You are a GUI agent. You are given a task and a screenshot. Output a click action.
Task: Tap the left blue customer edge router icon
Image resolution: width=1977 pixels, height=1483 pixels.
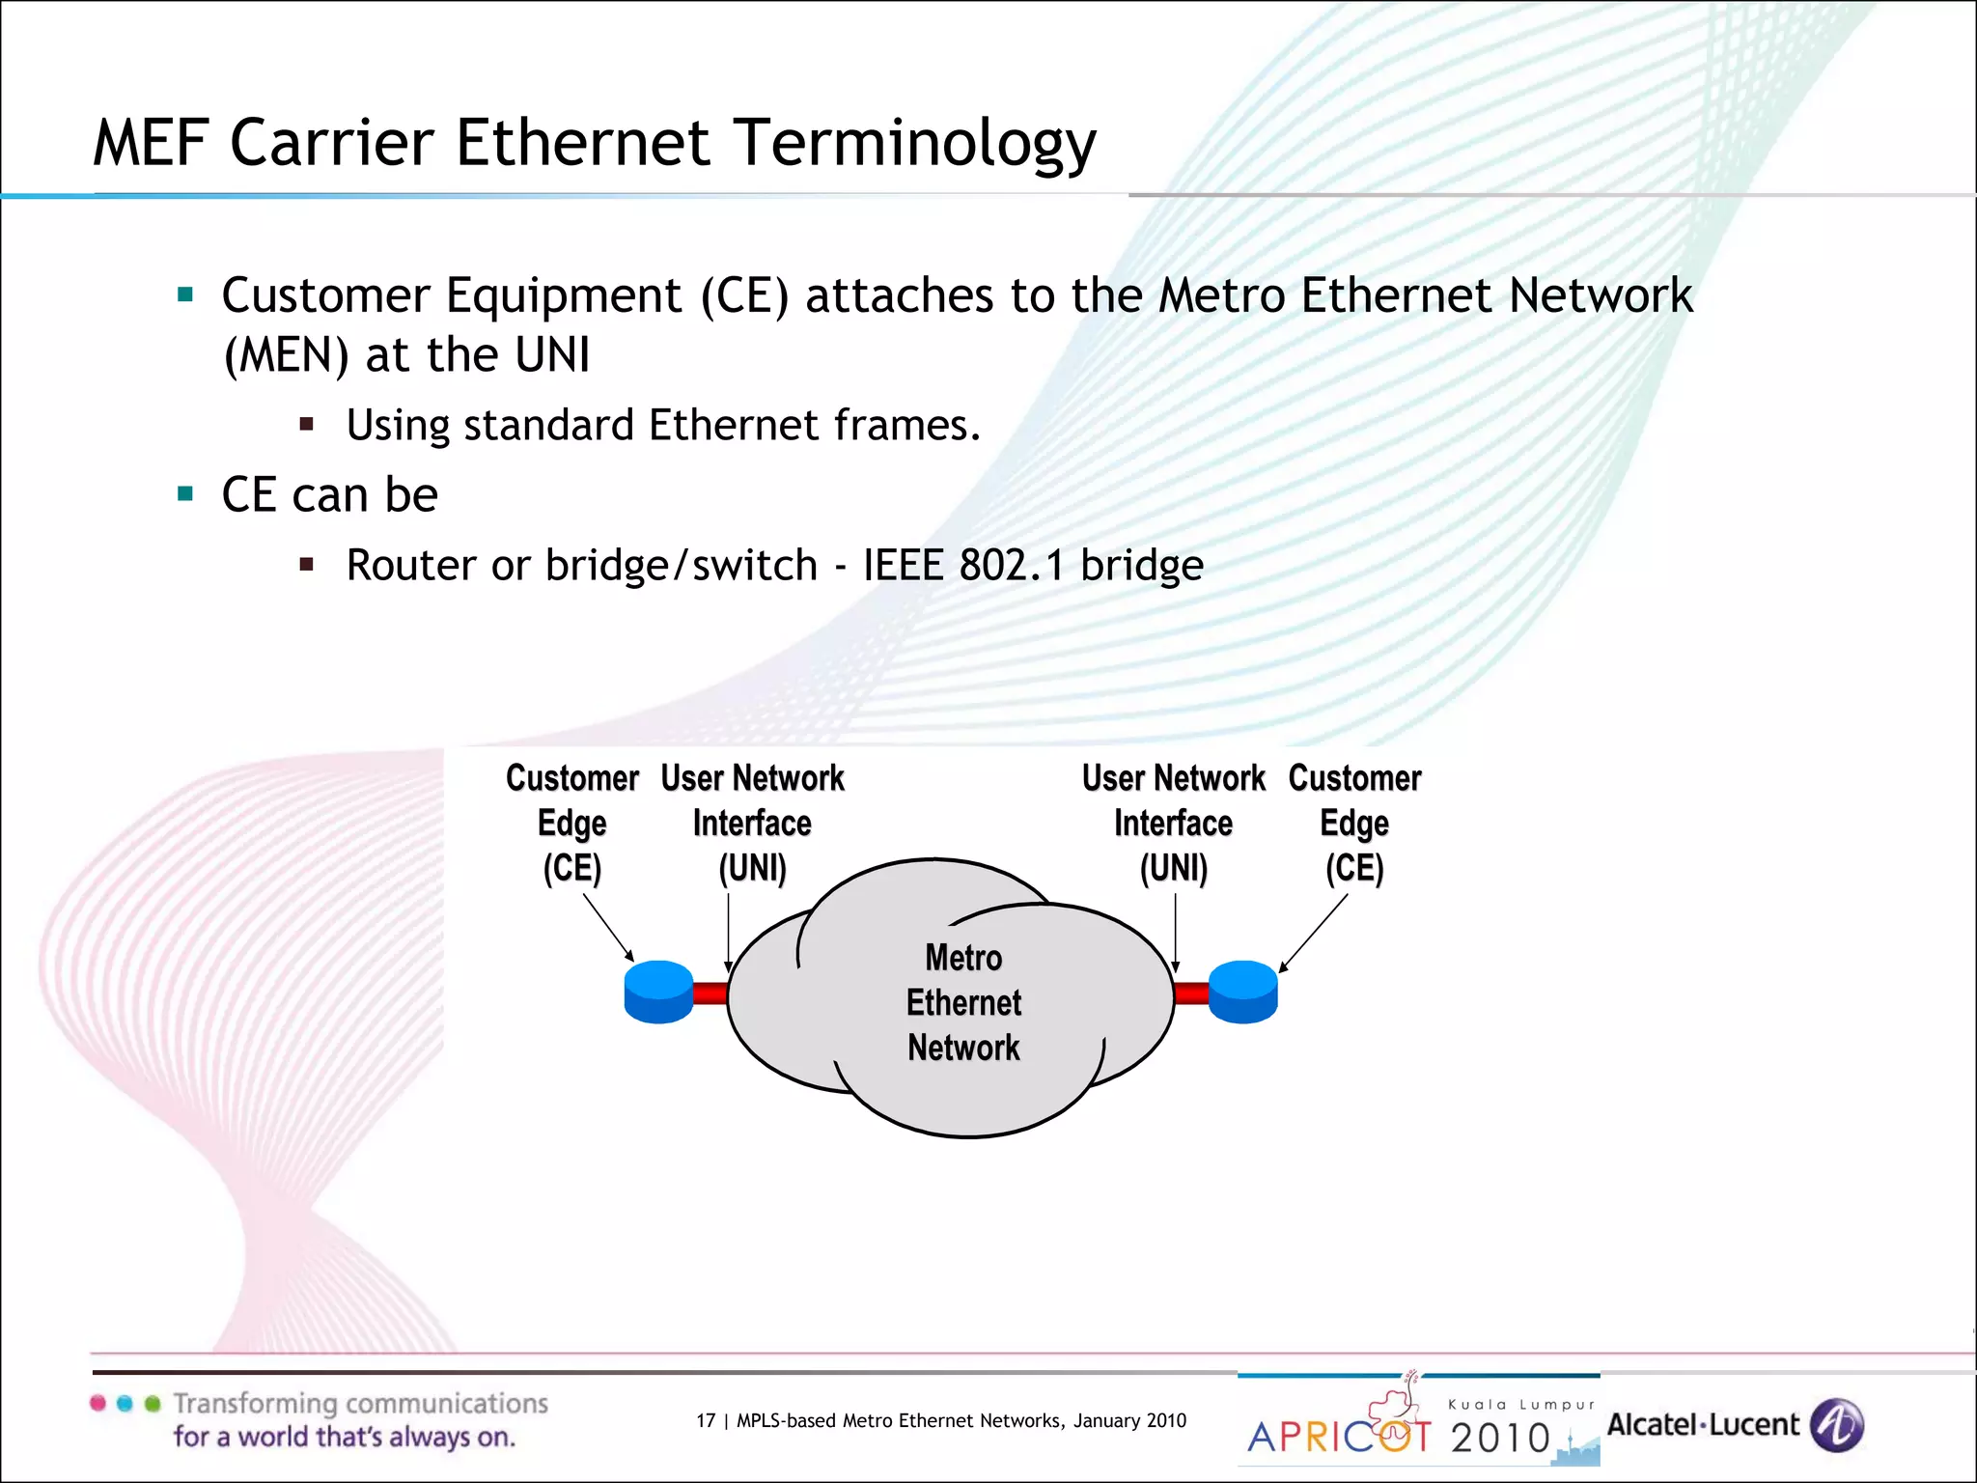tap(658, 992)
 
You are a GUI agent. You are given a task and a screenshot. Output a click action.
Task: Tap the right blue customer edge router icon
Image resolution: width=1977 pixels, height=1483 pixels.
tap(1243, 992)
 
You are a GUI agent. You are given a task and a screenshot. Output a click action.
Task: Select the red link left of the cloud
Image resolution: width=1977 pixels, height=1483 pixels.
tap(710, 993)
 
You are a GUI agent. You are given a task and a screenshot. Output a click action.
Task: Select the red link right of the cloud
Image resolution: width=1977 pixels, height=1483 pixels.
tap(1191, 993)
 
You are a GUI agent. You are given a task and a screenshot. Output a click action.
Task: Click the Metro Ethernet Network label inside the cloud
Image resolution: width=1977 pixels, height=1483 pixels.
tap(963, 1002)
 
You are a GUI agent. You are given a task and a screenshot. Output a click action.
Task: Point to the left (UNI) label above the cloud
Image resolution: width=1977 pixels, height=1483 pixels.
tap(752, 868)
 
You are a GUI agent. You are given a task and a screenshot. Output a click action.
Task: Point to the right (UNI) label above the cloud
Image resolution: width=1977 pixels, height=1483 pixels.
tap(1173, 868)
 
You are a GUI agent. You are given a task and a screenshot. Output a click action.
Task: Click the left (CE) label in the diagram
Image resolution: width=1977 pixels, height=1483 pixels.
tap(571, 868)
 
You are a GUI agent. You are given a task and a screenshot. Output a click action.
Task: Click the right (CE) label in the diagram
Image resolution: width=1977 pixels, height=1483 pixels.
tap(1353, 868)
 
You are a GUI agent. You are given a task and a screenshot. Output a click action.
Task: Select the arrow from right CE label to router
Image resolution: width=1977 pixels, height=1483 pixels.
tap(1314, 933)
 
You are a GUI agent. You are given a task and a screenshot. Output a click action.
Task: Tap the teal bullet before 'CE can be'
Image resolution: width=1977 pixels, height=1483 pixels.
tap(186, 495)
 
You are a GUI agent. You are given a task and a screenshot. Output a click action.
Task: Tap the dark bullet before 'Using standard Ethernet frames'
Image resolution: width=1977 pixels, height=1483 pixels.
tap(307, 424)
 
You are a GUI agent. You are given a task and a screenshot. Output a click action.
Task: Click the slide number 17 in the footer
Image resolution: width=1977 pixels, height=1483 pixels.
tap(706, 1420)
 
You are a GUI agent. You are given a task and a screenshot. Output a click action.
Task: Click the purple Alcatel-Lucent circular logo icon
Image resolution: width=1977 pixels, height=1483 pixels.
tap(1836, 1425)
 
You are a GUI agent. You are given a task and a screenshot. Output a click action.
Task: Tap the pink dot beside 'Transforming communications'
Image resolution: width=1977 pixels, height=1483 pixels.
tap(97, 1403)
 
